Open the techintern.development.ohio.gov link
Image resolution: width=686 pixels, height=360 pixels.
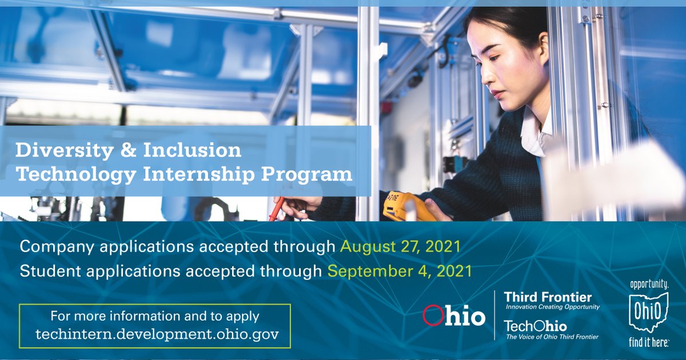[154, 334]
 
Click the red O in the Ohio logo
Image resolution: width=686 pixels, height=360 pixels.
[432, 316]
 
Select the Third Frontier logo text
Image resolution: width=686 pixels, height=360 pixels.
[547, 297]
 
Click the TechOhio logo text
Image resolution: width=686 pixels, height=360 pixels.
[535, 326]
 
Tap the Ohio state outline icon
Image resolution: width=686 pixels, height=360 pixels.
[648, 312]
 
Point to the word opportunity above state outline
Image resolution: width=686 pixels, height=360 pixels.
[648, 284]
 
